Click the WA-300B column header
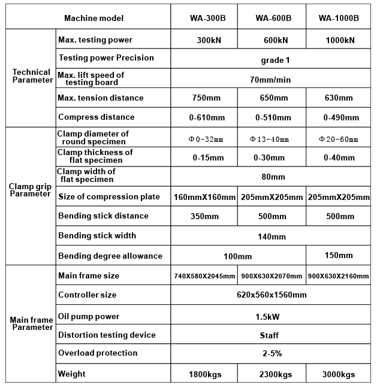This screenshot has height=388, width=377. pyautogui.click(x=204, y=18)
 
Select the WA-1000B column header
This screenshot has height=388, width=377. pyautogui.click(x=339, y=18)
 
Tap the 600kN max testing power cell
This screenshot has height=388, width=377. pyautogui.click(x=272, y=41)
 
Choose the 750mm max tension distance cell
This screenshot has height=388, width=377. pyautogui.click(x=204, y=98)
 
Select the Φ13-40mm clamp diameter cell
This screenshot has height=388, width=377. pyautogui.click(x=272, y=140)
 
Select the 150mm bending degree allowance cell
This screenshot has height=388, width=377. pyautogui.click(x=339, y=255)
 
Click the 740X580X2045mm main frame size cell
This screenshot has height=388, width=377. pyautogui.click(x=204, y=276)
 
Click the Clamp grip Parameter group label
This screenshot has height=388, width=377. pyautogui.click(x=30, y=190)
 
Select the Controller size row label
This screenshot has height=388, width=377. pyautogui.click(x=88, y=295)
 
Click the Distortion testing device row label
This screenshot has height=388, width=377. pyautogui.click(x=107, y=335)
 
